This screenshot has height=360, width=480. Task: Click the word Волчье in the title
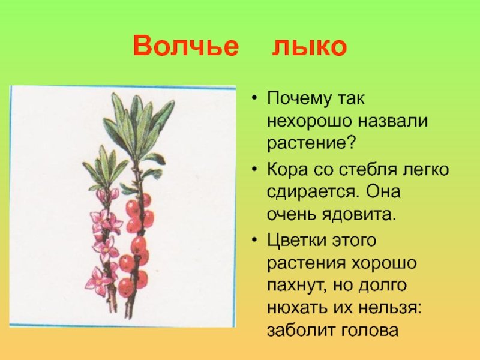coord(186,46)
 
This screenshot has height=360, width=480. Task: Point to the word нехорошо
coord(309,121)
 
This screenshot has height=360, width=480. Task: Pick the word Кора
coord(287,170)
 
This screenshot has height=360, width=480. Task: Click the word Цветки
coord(293,239)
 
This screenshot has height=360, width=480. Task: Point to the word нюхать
coord(297,308)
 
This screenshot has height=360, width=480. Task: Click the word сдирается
coord(309,193)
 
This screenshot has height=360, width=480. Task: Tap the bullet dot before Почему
coord(254,98)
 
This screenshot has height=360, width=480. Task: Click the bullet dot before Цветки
coord(254,239)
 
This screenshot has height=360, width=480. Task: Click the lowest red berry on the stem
coord(126,287)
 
